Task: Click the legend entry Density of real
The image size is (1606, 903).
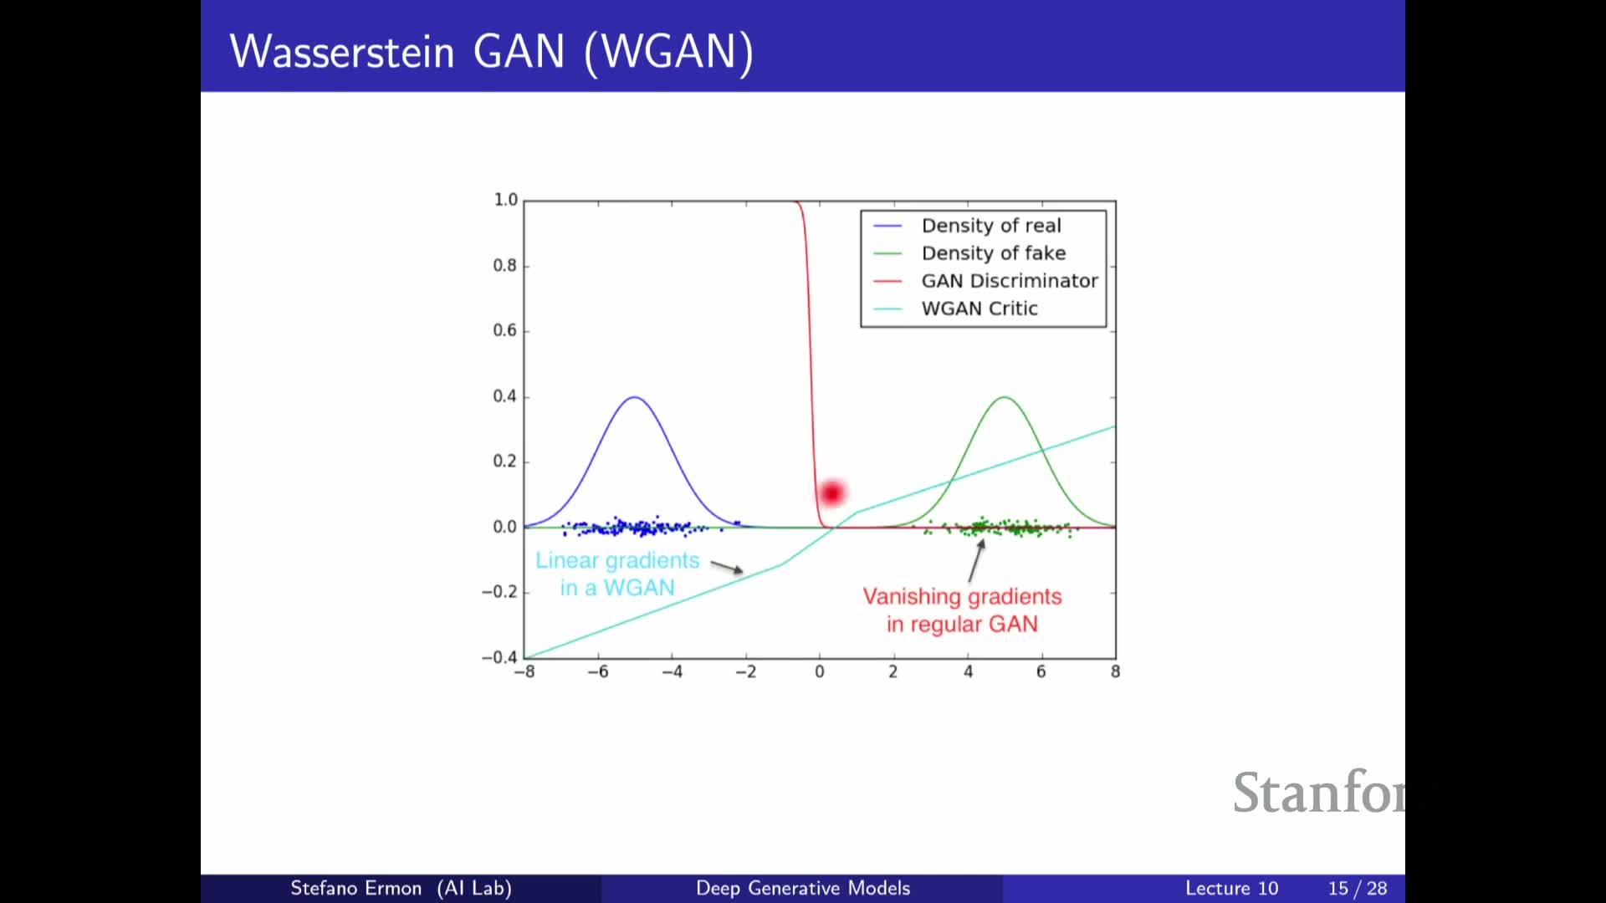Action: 990,226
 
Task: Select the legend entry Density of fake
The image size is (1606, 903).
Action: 993,253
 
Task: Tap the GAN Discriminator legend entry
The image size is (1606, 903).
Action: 1009,281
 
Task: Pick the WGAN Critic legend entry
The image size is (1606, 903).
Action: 979,309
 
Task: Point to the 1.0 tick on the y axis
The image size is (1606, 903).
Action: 505,200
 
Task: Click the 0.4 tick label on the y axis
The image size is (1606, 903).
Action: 504,396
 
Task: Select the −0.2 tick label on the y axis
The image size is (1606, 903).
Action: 499,592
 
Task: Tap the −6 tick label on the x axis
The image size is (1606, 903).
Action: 597,672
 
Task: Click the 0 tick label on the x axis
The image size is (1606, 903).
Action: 820,672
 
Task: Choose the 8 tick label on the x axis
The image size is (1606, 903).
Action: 1115,672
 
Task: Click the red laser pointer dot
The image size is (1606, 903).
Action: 831,493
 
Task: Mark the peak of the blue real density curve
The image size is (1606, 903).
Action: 635,397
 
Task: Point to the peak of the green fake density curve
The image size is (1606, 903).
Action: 1004,397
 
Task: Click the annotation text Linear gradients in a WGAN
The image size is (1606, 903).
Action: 617,574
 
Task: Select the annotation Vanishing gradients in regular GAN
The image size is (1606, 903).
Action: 962,610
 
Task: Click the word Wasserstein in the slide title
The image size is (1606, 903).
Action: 342,52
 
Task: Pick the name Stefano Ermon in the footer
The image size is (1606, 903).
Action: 355,888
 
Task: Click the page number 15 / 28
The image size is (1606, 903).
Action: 1357,888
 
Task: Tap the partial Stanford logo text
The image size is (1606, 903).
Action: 1318,793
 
